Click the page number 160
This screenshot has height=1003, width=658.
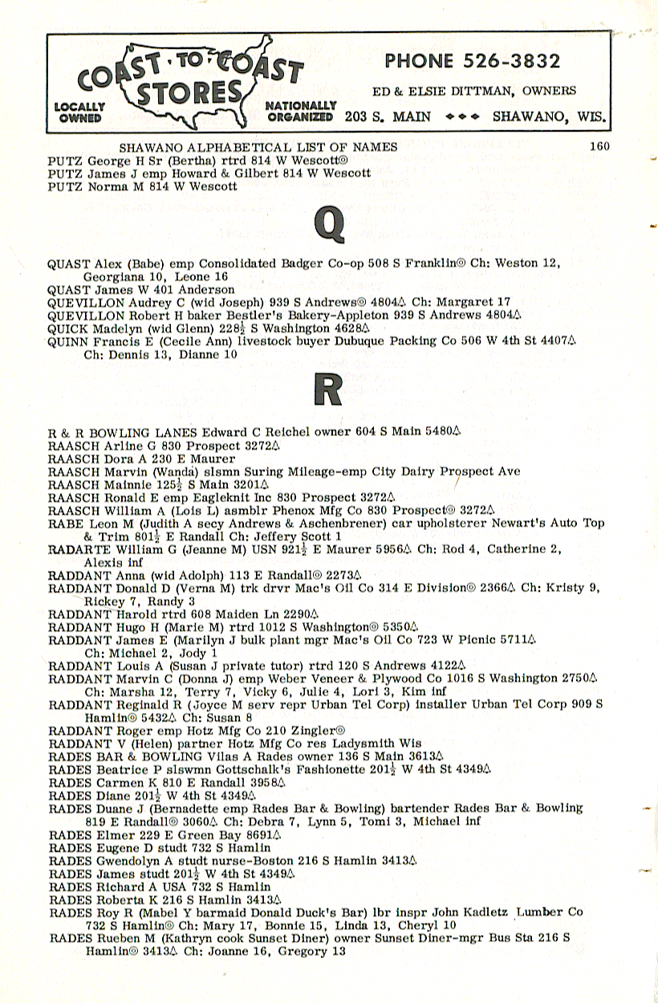click(599, 146)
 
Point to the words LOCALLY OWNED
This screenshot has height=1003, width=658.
click(79, 112)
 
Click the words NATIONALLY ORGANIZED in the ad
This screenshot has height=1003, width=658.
click(300, 111)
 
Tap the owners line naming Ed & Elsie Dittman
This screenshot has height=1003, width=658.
click(473, 91)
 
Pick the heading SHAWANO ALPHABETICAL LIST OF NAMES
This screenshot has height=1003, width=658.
click(258, 146)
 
